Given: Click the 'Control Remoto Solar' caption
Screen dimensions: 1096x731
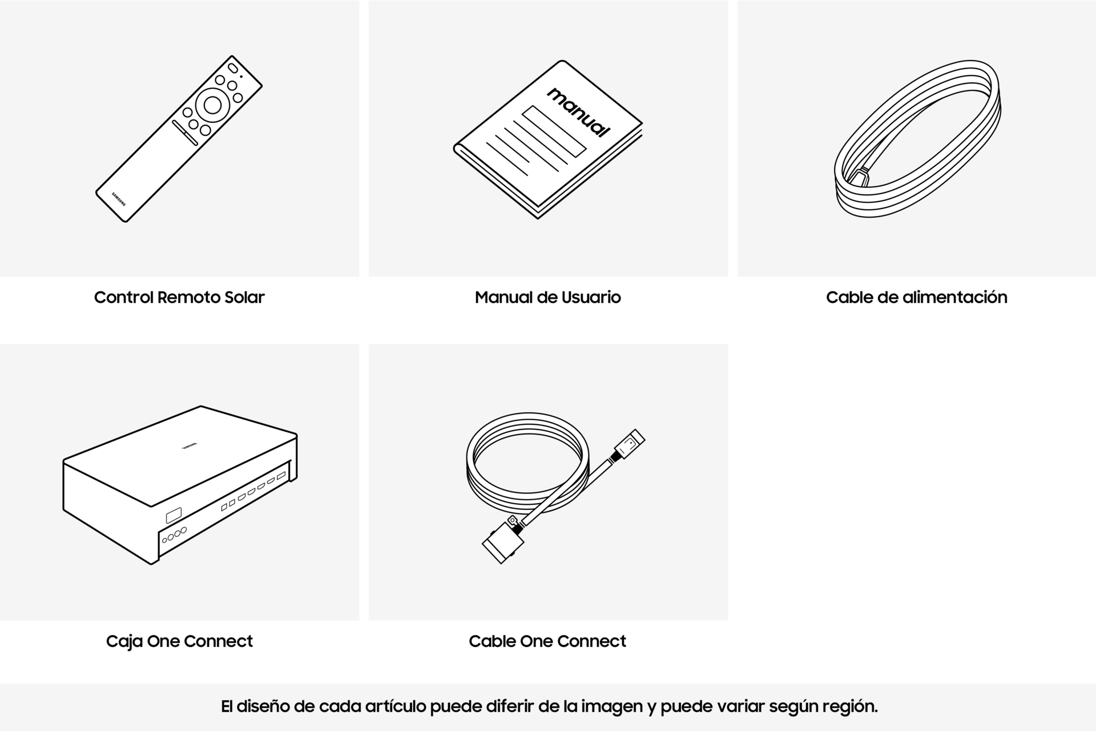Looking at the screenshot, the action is point(179,297).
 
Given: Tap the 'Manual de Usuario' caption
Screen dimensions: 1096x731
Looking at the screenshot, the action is point(547,297).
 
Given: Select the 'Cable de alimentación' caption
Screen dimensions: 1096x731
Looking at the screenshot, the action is point(916,297).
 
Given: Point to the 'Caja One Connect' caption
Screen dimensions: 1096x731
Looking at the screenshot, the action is point(179,641).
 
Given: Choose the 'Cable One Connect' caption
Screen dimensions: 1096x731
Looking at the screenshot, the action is point(547,641).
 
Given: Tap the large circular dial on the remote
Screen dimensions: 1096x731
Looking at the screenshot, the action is point(212,105).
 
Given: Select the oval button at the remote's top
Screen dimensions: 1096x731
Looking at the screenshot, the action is point(233,68).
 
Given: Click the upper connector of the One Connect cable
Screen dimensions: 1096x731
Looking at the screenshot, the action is point(628,445).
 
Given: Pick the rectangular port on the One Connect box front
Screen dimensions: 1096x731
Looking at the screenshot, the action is point(174,516).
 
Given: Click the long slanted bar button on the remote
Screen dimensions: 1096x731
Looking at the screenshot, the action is point(185,132).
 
